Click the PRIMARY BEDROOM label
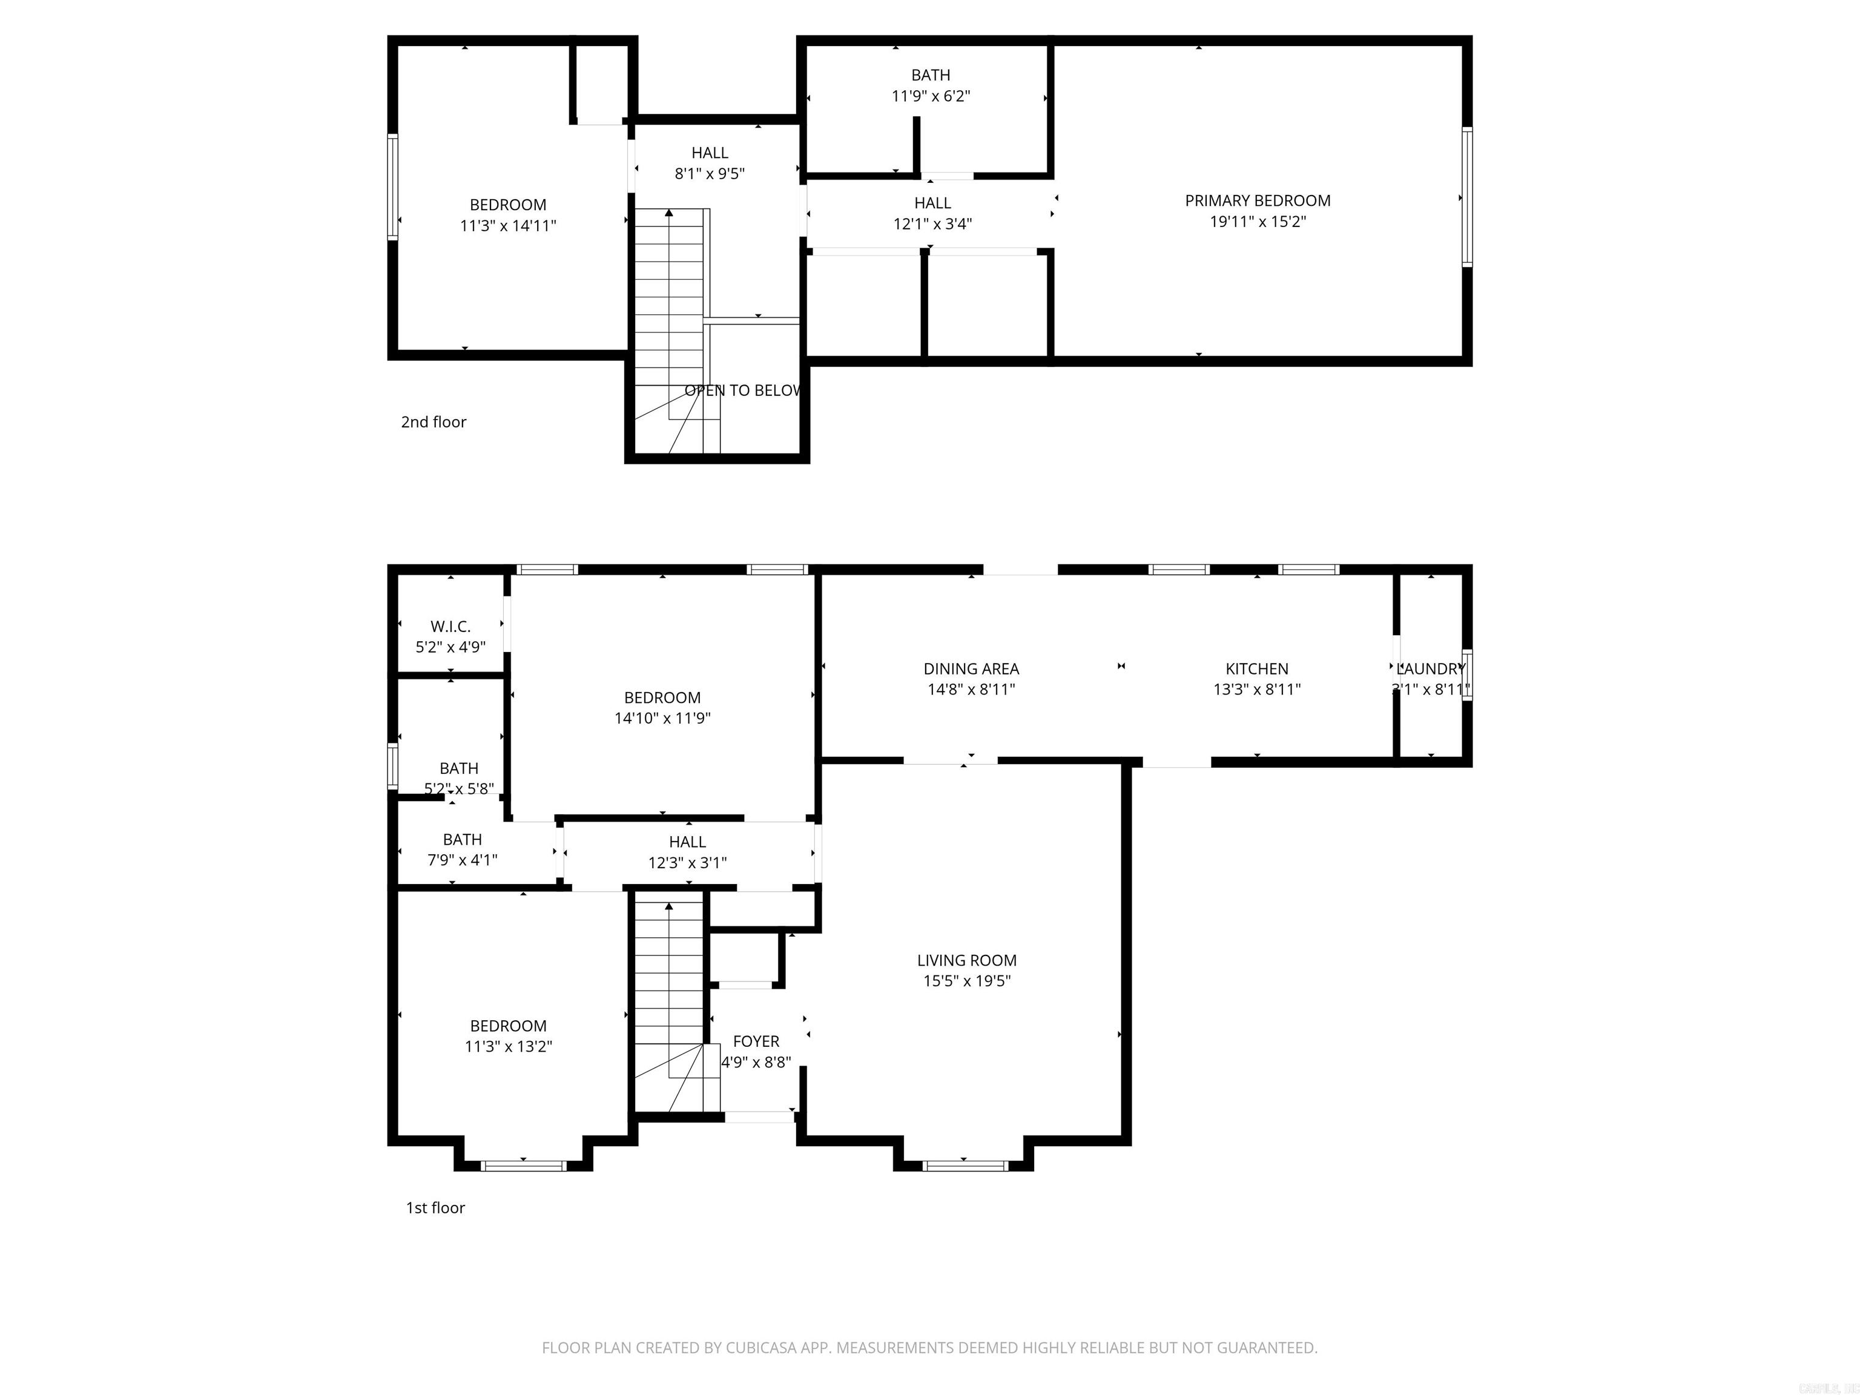point(1257,200)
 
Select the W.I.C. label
point(450,627)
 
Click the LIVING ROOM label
point(966,960)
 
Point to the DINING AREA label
point(971,668)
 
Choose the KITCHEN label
point(1256,668)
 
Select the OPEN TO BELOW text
point(742,390)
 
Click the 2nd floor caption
point(433,422)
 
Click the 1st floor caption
point(435,1207)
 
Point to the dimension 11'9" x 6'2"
point(930,96)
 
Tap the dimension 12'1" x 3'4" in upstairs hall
point(932,223)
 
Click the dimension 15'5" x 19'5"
point(966,980)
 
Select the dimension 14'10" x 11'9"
point(662,718)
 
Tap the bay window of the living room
point(964,1166)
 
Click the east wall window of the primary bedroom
point(1466,197)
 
